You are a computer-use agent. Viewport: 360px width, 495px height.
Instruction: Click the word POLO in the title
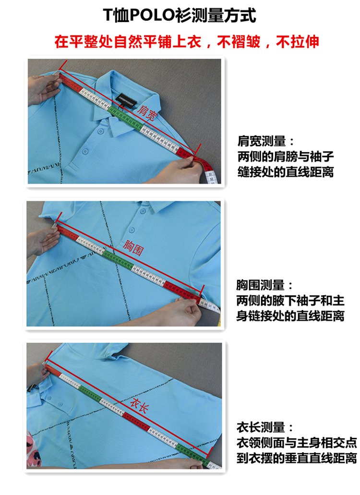pyautogui.click(x=152, y=15)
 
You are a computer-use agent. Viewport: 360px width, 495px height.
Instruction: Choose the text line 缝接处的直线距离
pyautogui.click(x=286, y=171)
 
